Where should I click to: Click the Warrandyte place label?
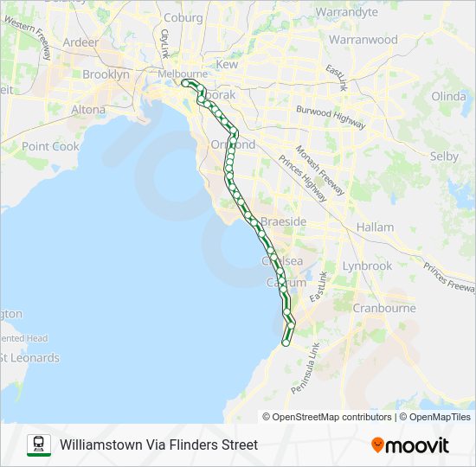346,12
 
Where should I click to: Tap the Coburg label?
183,17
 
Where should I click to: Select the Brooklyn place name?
106,74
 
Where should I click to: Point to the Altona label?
88,110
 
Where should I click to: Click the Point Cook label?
50,146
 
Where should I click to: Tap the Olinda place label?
448,95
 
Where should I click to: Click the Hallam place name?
375,227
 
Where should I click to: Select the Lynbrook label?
367,265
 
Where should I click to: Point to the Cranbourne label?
384,308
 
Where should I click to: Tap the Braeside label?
284,221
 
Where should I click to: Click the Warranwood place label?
363,40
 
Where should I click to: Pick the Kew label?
227,64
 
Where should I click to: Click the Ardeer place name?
80,42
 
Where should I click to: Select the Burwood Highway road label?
330,117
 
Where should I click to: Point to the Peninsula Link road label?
306,368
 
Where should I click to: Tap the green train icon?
39,445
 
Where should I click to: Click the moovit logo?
410,445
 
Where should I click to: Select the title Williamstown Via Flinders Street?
159,445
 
